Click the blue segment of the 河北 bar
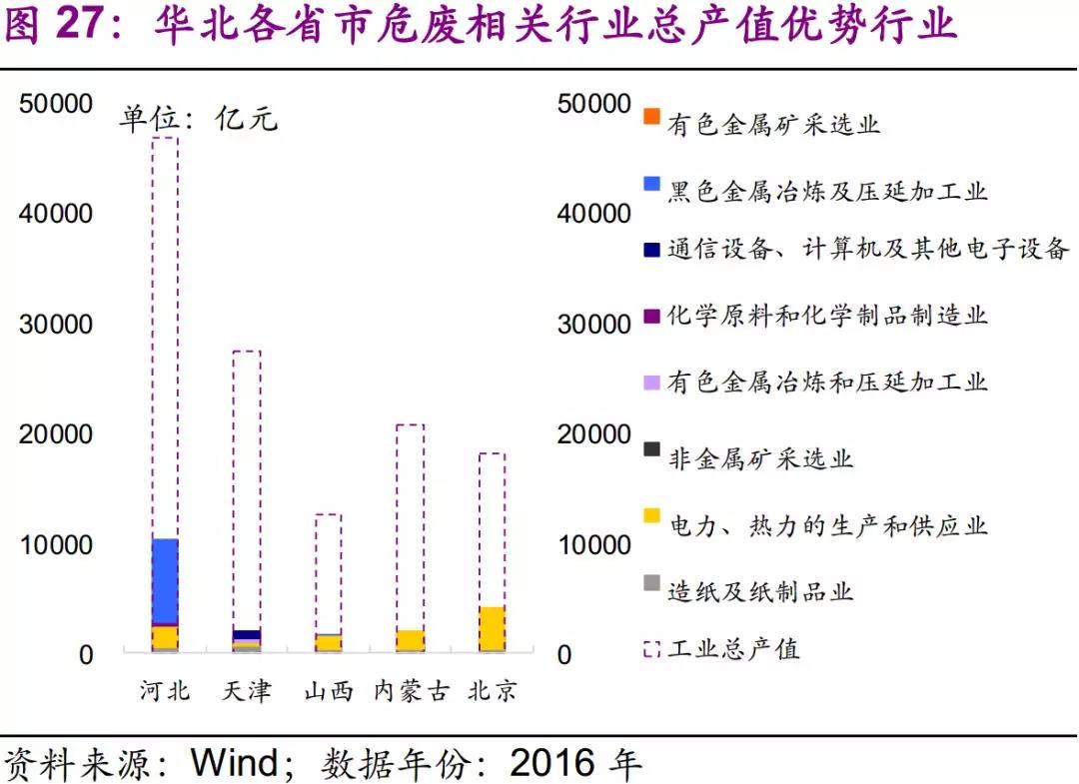165,581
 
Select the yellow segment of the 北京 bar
491,628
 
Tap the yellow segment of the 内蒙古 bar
410,640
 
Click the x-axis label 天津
246,690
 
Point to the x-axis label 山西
328,690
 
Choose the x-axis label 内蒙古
411,690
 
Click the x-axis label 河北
165,690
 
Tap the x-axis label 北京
492,690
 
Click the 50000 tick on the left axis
57,104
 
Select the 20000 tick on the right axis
595,434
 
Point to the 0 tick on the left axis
86,655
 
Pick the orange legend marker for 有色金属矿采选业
651,118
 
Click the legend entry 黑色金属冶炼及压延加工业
827,190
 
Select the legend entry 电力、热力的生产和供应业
827,524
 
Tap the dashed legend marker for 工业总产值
651,649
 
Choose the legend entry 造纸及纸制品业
760,590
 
